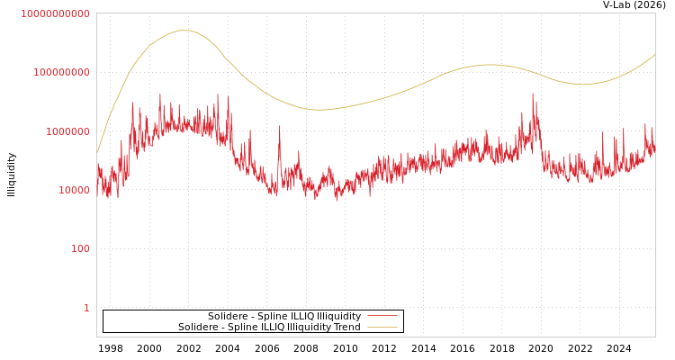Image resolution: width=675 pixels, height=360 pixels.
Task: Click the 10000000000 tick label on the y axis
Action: [55, 13]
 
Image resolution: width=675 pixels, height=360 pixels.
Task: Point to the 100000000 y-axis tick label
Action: [61, 72]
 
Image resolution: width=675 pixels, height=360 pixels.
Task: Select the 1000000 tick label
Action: [67, 131]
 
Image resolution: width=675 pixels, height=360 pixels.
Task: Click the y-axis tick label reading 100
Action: [80, 249]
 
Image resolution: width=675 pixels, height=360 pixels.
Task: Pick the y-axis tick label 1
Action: [86, 308]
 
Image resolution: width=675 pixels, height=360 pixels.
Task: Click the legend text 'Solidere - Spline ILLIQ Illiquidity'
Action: [284, 316]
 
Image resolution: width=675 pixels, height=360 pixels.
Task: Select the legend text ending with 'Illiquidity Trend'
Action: [269, 327]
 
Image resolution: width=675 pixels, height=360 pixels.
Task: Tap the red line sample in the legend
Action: [382, 316]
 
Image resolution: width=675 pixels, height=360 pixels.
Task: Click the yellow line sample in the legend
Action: [382, 327]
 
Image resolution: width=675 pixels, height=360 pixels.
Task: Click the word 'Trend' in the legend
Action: [347, 327]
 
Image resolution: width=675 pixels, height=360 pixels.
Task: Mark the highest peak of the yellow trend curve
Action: [184, 31]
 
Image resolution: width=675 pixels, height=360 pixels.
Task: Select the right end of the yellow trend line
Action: [655, 54]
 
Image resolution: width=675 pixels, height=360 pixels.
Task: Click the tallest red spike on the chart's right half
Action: [532, 94]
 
